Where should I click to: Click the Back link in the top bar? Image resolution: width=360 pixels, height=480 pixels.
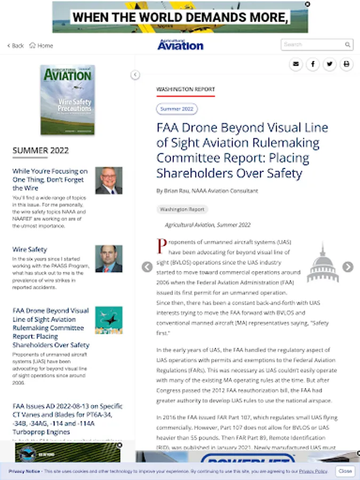pyautogui.click(x=15, y=46)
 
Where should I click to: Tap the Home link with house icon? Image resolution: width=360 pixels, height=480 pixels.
pyautogui.click(x=41, y=46)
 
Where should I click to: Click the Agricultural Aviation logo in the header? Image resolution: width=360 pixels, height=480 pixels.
pyautogui.click(x=180, y=45)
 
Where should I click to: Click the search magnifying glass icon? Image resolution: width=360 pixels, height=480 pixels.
pyautogui.click(x=348, y=45)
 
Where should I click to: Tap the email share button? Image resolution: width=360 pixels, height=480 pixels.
pyautogui.click(x=296, y=65)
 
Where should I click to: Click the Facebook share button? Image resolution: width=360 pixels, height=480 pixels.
pyautogui.click(x=313, y=65)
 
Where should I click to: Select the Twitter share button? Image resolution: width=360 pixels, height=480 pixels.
pyautogui.click(x=330, y=65)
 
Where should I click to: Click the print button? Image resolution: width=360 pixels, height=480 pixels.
pyautogui.click(x=347, y=65)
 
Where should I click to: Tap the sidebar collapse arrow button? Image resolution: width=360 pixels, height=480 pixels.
pyautogui.click(x=135, y=75)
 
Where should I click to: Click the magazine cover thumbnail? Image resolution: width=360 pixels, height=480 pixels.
pyautogui.click(x=68, y=100)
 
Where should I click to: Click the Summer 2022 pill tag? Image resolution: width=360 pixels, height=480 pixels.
pyautogui.click(x=177, y=109)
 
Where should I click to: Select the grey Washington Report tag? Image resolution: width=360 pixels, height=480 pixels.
pyautogui.click(x=182, y=210)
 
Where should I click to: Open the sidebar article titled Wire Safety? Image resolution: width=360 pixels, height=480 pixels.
pyautogui.click(x=30, y=249)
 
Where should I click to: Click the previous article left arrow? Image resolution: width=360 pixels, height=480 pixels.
pyautogui.click(x=147, y=267)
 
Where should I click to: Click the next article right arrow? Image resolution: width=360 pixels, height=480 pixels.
pyautogui.click(x=348, y=267)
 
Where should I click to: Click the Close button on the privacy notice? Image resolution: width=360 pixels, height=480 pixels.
pyautogui.click(x=345, y=471)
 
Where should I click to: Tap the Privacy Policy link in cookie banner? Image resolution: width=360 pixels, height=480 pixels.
pyautogui.click(x=313, y=471)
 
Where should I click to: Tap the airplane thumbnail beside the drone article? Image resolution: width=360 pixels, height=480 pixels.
pyautogui.click(x=109, y=320)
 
